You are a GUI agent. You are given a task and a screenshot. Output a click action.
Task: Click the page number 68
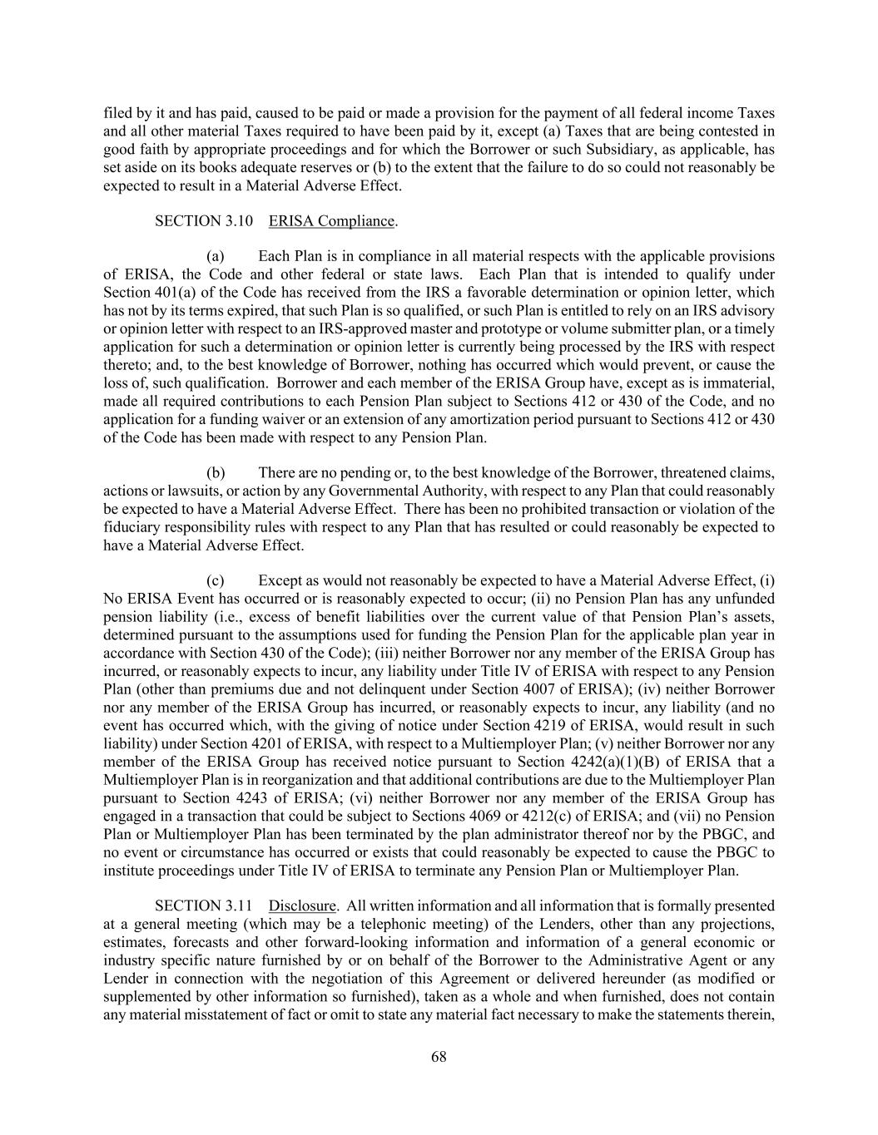pos(439,1057)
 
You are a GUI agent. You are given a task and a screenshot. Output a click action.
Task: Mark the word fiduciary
pos(135,527)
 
